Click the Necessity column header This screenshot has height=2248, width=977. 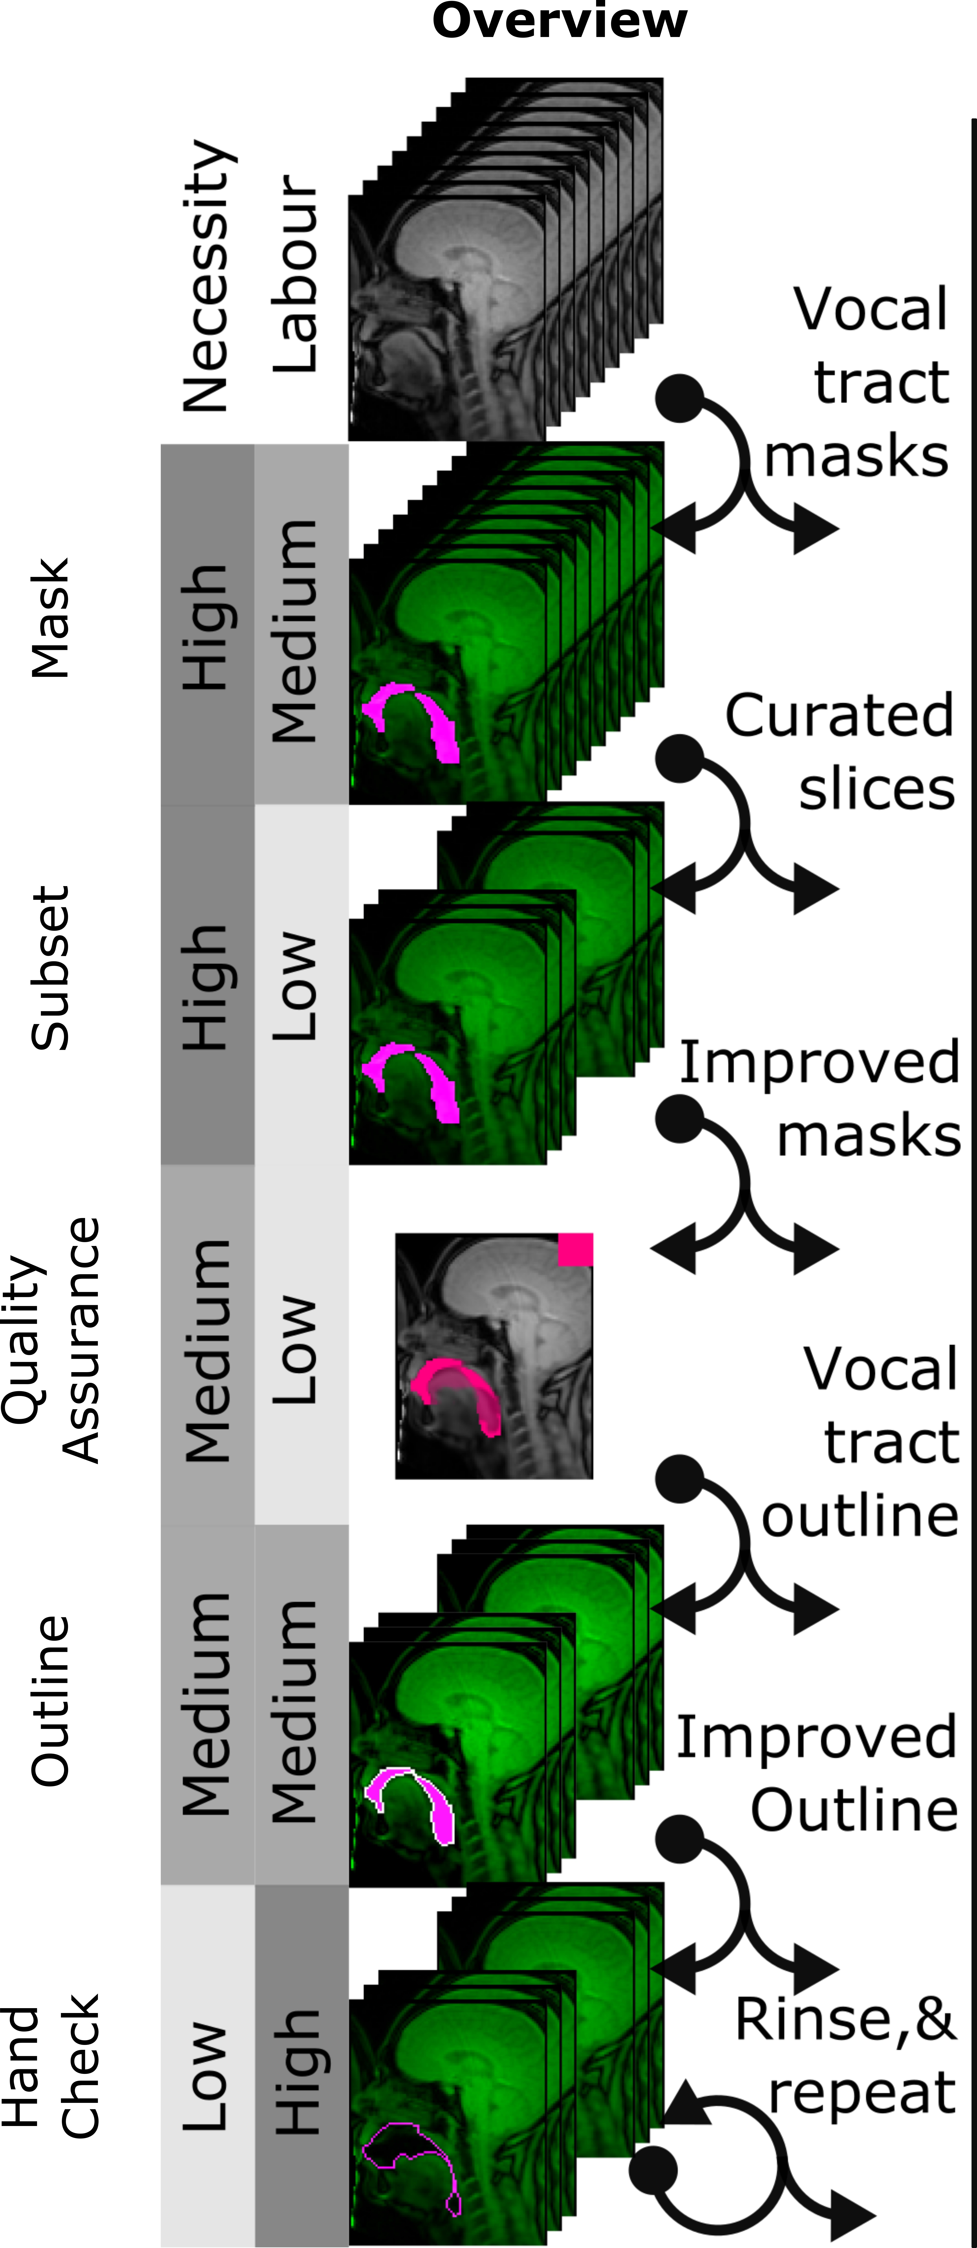click(x=207, y=275)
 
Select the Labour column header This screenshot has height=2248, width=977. click(x=295, y=275)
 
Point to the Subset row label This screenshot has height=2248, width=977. click(x=50, y=969)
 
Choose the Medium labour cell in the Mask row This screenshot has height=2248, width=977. click(x=301, y=624)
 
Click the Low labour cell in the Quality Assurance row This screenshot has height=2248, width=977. click(x=301, y=1345)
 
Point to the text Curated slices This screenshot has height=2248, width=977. click(x=840, y=752)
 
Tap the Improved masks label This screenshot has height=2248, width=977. click(x=821, y=1098)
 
